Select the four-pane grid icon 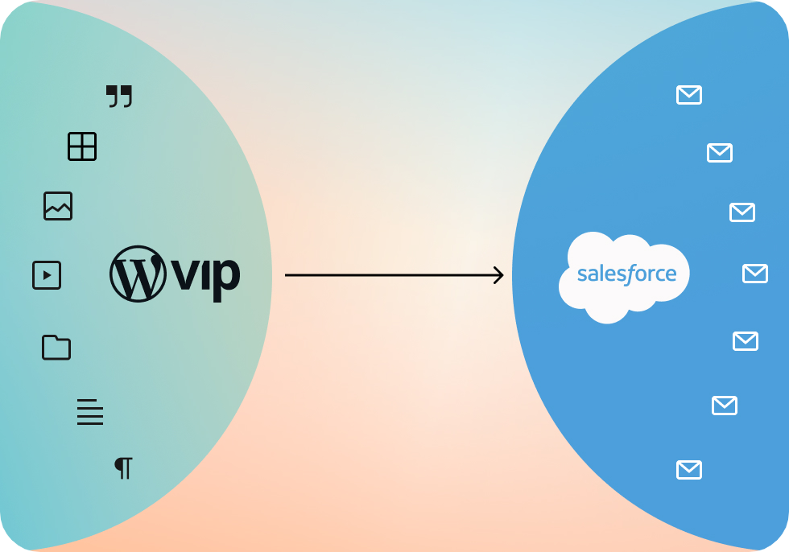tap(82, 146)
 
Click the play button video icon tap(47, 275)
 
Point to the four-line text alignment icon tap(90, 412)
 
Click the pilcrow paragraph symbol tap(123, 468)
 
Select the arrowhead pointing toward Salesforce tap(498, 275)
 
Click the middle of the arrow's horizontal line tap(394, 275)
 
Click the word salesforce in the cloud tap(627, 274)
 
